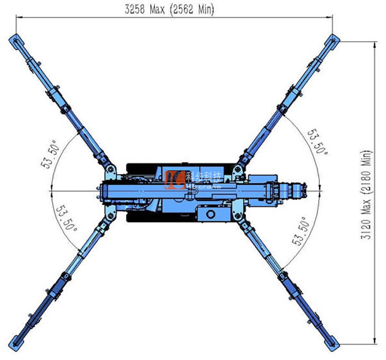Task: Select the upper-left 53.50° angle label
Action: [x=50, y=154]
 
